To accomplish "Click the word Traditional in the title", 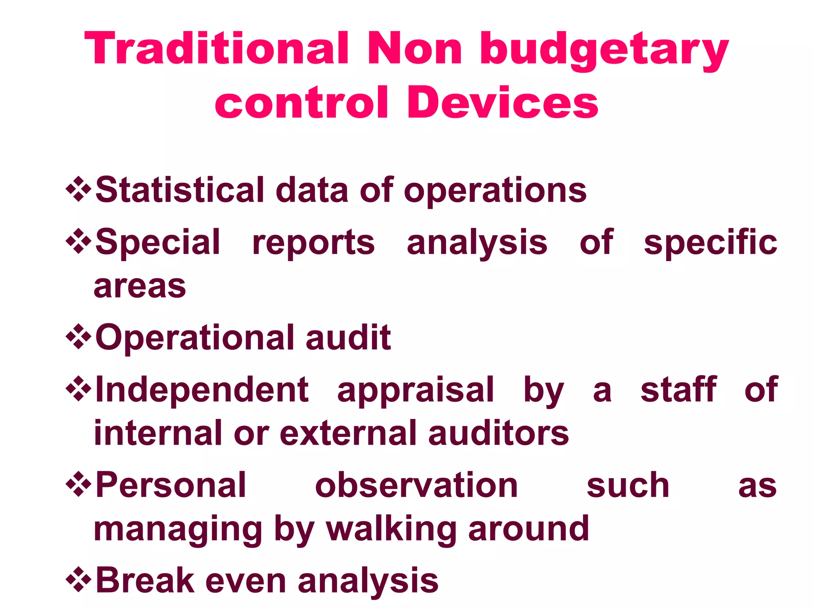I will pos(217,48).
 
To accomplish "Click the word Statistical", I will pos(180,190).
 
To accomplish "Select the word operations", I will pos(495,192).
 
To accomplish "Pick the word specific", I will pos(710,243).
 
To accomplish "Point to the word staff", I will pos(678,390).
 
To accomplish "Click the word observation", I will pos(416,485).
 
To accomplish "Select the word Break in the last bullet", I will pos(145,581).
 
